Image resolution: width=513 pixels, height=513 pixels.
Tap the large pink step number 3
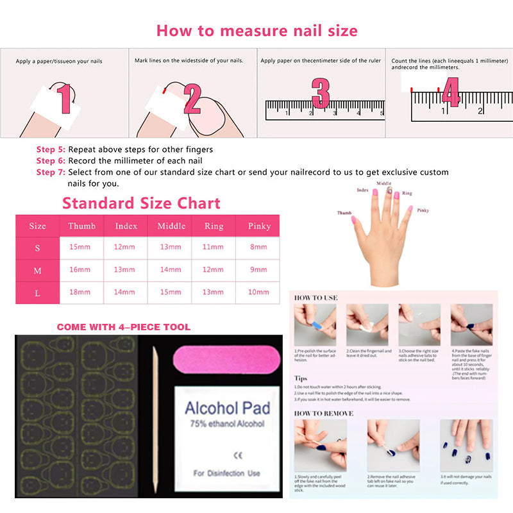(320, 94)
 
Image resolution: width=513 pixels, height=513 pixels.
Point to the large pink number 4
(451, 92)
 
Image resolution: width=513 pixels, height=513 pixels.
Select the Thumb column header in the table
(82, 226)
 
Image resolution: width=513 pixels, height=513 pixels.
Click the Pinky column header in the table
(259, 226)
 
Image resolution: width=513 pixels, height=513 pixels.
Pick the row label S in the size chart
(38, 248)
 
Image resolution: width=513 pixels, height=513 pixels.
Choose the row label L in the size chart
(38, 292)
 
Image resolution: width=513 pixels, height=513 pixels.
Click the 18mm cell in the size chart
(80, 292)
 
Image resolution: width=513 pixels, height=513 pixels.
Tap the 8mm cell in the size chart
(259, 248)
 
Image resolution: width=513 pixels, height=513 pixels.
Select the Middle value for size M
(171, 270)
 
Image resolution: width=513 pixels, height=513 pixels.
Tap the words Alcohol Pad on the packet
(228, 408)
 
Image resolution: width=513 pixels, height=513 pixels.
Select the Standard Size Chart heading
(141, 204)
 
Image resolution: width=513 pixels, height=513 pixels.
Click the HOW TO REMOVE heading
(324, 414)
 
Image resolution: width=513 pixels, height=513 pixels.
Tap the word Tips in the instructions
(300, 378)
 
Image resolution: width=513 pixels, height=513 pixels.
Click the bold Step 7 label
(51, 172)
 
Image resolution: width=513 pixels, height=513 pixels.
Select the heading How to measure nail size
(256, 31)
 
